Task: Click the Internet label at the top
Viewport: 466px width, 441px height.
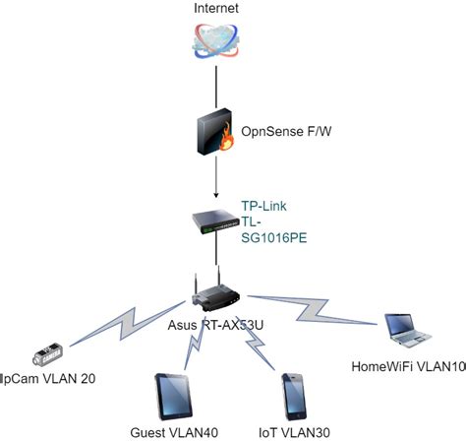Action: point(216,10)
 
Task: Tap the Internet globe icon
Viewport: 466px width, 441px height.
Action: point(216,45)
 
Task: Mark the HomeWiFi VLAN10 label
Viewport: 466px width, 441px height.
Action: point(404,366)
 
